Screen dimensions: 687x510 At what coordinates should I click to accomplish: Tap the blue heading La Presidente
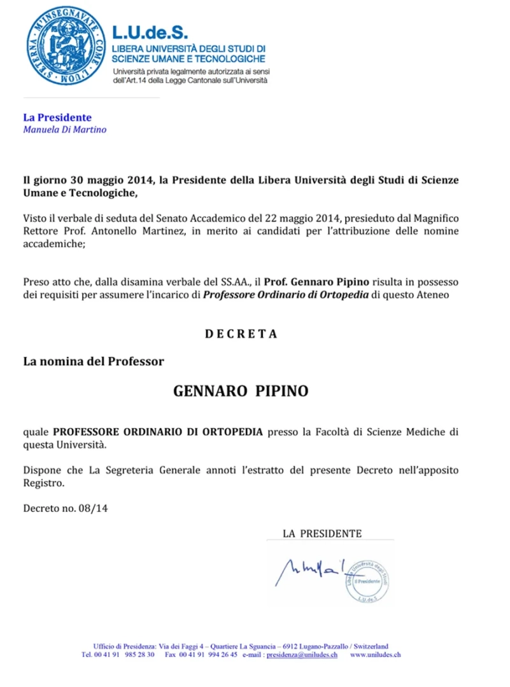[57, 118]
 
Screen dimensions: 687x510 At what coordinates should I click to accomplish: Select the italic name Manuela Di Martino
[64, 130]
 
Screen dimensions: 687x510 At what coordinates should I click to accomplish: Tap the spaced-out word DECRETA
[241, 334]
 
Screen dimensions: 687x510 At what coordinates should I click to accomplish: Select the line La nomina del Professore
[94, 361]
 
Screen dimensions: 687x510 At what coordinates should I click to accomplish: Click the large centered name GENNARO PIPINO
[241, 391]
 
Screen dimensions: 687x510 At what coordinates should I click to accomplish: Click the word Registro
[44, 483]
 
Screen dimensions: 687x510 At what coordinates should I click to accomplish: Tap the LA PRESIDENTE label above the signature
[322, 533]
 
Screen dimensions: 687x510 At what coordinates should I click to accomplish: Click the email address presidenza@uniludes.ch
[302, 655]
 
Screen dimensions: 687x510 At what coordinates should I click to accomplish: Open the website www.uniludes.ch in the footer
[375, 655]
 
